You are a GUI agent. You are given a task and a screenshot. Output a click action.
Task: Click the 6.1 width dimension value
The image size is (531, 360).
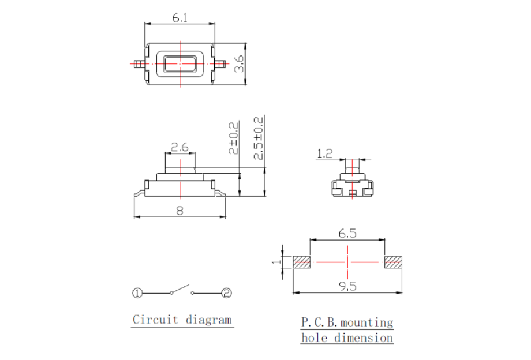point(180,18)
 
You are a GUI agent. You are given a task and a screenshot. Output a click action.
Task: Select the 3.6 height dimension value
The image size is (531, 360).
point(238,64)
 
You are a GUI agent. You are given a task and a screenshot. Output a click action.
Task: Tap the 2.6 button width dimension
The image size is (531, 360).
point(180,148)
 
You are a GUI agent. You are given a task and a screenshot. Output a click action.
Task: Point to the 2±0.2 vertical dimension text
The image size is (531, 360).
point(233,138)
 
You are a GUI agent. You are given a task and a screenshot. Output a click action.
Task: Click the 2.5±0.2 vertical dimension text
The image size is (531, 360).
point(259,138)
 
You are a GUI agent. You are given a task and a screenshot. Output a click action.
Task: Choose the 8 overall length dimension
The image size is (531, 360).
point(180,212)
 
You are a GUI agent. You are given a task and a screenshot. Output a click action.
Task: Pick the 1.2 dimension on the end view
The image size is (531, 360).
point(325,154)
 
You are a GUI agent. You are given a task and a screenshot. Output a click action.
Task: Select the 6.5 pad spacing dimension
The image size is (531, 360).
point(347,234)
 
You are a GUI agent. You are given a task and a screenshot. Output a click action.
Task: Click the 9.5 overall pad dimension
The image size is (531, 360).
point(347,286)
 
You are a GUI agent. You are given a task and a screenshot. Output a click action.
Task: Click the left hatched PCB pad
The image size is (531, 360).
point(302,262)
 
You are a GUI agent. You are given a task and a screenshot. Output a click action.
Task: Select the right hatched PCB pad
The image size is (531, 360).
point(393,262)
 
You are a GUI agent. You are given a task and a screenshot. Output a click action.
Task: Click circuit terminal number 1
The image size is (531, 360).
point(137,293)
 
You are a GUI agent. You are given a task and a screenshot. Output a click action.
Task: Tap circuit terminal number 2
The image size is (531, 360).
point(226,293)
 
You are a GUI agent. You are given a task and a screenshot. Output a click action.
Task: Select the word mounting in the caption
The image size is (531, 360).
point(367,322)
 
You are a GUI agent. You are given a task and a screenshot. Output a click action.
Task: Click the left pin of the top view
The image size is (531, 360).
point(139,64)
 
